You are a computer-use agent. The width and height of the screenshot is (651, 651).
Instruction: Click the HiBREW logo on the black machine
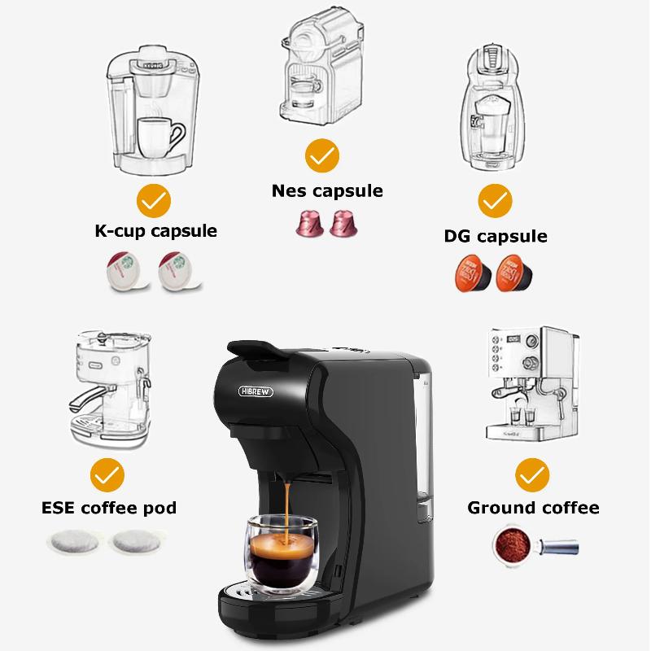[x=256, y=391]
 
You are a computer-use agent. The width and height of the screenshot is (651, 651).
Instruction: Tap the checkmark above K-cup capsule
[x=153, y=200]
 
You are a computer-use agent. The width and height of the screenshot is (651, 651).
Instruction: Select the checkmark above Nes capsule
[x=322, y=155]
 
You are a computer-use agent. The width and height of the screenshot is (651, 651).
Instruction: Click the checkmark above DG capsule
[x=495, y=200]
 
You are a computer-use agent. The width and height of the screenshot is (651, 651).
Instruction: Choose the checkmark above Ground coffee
[x=532, y=474]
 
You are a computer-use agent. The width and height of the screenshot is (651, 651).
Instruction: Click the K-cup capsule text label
[x=155, y=231]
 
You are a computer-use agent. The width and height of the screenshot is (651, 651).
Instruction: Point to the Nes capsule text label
[x=327, y=191]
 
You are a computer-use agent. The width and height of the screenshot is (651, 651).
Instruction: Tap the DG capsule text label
[x=495, y=237]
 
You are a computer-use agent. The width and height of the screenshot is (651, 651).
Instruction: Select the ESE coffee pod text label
[x=109, y=509]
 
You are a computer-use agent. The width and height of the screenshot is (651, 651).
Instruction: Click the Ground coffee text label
[x=533, y=509]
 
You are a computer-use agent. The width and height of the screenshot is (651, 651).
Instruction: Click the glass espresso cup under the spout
[x=281, y=553]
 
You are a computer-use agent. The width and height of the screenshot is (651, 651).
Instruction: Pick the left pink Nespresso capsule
[x=308, y=222]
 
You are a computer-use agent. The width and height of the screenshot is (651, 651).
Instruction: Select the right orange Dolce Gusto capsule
[x=515, y=273]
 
